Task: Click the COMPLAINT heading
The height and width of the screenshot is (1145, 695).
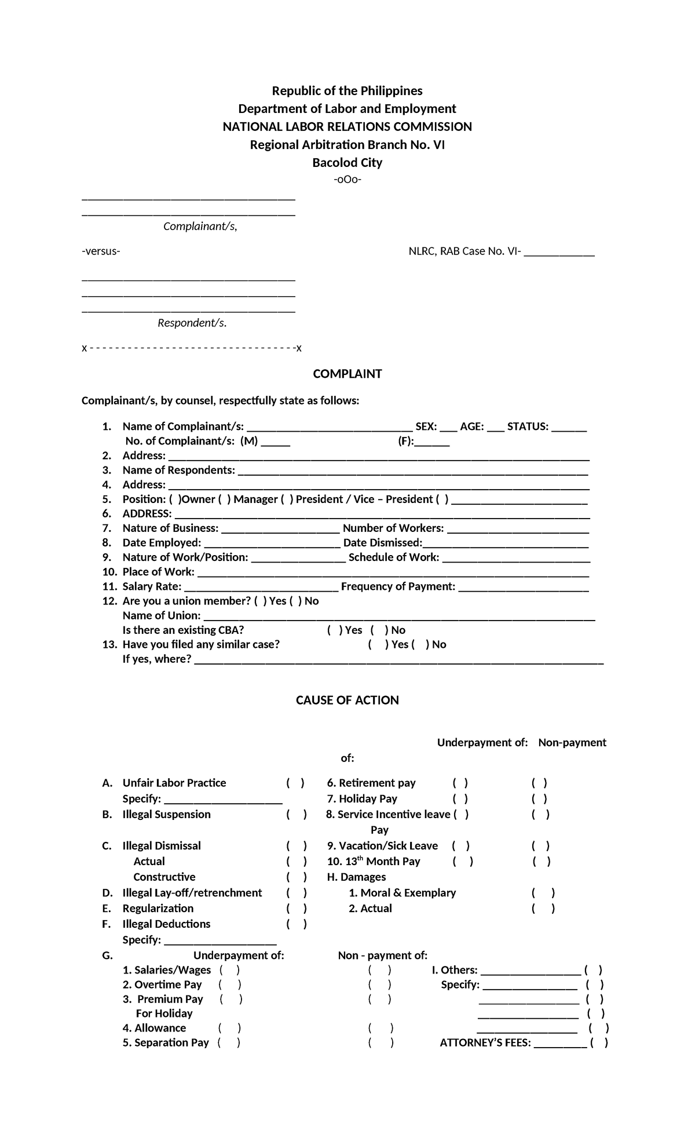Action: [347, 374]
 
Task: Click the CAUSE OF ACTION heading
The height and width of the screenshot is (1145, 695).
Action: [347, 700]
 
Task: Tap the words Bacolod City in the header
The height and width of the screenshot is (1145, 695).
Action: [347, 163]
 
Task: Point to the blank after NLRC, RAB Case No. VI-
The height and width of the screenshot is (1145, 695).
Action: [559, 253]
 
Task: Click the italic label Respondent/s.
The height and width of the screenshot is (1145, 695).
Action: [192, 323]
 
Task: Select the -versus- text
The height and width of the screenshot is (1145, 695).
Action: [101, 251]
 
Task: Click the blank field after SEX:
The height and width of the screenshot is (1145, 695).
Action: [448, 428]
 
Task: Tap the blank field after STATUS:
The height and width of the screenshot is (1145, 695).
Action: [569, 428]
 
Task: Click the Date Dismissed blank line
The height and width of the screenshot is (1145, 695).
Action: [506, 544]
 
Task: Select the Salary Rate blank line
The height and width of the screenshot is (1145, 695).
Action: [261, 587]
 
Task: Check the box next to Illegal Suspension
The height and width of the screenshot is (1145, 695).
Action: [296, 815]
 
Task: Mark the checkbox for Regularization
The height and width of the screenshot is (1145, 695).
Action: [296, 909]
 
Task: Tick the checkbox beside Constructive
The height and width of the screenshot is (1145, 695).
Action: [296, 877]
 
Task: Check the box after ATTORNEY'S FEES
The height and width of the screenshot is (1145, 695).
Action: [599, 1043]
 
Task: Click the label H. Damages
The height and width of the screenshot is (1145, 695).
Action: [356, 877]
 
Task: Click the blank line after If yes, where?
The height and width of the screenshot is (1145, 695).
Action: [398, 660]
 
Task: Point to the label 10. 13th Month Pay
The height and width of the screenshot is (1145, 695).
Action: [374, 862]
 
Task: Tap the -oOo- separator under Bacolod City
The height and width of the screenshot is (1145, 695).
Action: [347, 180]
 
